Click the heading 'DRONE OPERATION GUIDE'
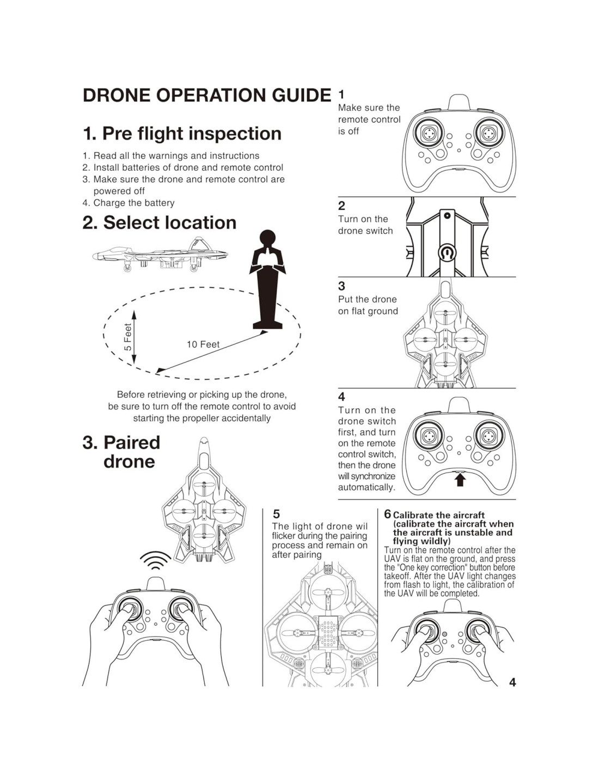(206, 95)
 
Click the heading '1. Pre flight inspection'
(182, 134)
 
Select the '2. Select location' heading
(159, 222)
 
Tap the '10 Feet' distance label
(203, 344)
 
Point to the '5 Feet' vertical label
(128, 337)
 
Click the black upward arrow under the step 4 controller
(460, 480)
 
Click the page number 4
(512, 682)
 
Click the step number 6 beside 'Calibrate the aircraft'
(387, 514)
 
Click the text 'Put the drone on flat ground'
(368, 305)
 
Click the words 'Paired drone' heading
(121, 452)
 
